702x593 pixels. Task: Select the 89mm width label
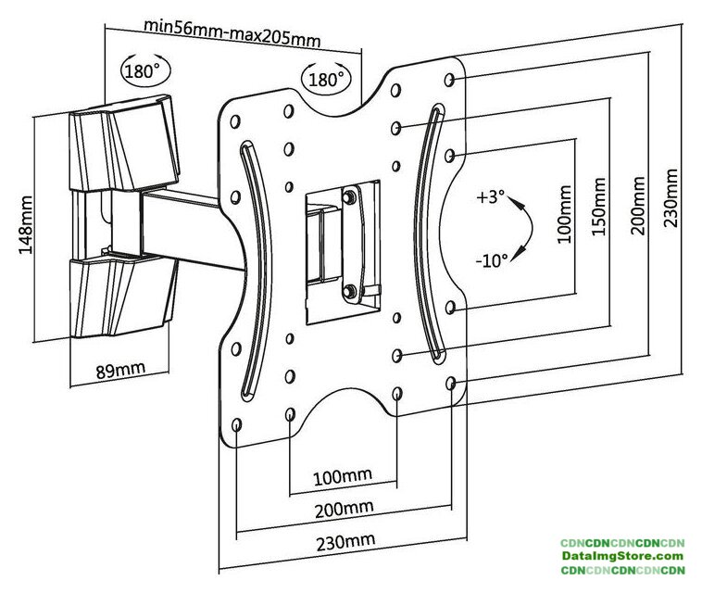point(120,371)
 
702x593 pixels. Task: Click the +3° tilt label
point(492,197)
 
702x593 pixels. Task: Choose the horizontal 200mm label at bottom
point(345,508)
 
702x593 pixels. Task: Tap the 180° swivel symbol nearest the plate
point(326,79)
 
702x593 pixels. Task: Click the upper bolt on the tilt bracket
point(349,196)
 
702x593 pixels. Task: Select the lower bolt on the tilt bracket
point(350,293)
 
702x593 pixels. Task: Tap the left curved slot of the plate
point(251,270)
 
